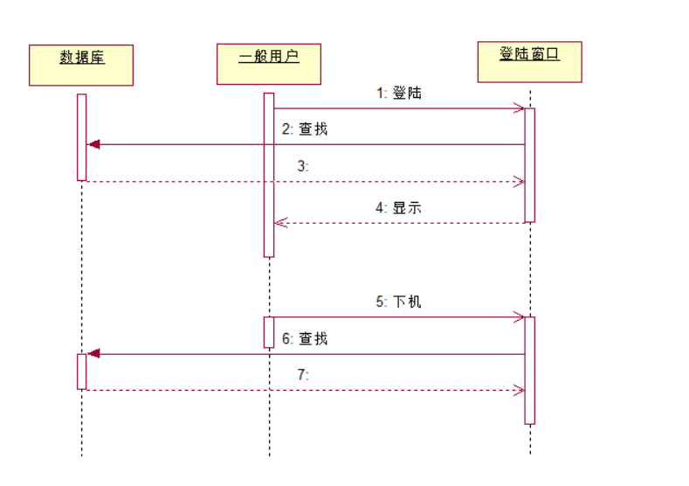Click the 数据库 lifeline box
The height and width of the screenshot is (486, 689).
(81, 65)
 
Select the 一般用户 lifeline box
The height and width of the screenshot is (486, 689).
(268, 64)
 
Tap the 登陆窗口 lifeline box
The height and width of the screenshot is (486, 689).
(529, 61)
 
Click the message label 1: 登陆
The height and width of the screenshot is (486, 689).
(399, 93)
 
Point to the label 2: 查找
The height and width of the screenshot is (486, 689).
(305, 129)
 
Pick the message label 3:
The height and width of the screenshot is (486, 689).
(304, 166)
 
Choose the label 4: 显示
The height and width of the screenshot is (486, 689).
(399, 208)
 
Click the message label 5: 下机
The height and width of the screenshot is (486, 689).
(399, 302)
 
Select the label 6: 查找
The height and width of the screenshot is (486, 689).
(305, 338)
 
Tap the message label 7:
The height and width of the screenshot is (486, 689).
(304, 374)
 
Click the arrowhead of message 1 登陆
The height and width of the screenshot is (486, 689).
(520, 108)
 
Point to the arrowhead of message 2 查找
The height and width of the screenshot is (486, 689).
(93, 144)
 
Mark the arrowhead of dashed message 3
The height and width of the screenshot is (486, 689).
(520, 182)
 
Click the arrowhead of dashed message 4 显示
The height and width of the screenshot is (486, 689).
(280, 223)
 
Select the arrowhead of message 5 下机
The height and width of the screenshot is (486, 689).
(520, 316)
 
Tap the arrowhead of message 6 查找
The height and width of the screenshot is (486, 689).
(93, 353)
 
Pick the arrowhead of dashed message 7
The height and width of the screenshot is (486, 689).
(520, 390)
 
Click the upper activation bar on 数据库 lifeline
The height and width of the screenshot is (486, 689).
(81, 136)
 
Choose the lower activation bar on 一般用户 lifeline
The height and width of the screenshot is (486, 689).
(269, 331)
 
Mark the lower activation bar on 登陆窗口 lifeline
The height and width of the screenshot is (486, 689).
(529, 370)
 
